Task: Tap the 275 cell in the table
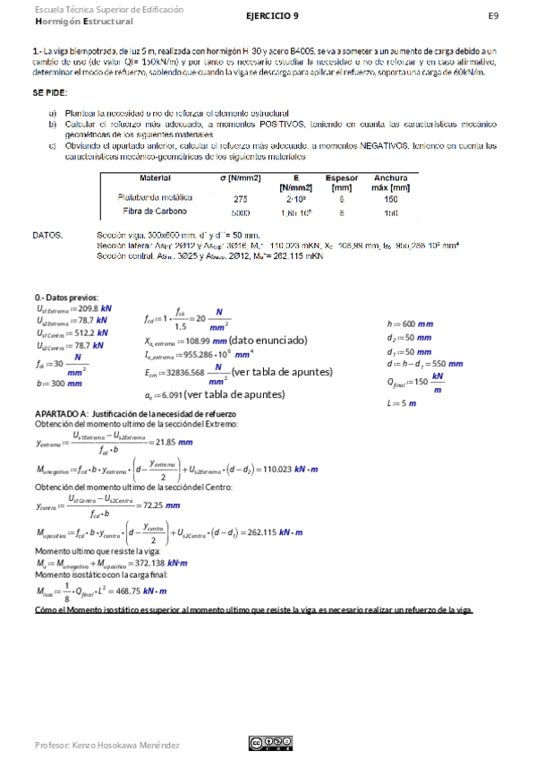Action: coord(240,198)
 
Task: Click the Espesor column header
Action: coord(341,178)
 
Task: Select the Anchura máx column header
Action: coord(391,183)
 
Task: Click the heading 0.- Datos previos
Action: coord(67,298)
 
